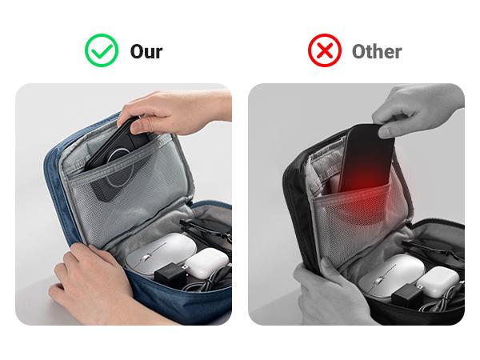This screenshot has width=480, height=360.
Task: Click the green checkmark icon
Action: [x=102, y=50]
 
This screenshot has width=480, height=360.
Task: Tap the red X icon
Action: [x=325, y=50]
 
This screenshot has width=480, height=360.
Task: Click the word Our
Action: [x=146, y=51]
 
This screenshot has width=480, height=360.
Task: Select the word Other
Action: [x=377, y=51]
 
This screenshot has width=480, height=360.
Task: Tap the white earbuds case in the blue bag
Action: [x=207, y=262]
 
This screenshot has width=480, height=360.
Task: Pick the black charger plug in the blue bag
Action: [x=170, y=274]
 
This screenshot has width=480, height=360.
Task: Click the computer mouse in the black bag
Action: [x=392, y=274]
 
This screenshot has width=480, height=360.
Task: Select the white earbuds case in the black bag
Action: [x=438, y=282]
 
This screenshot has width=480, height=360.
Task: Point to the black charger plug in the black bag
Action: [x=407, y=295]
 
